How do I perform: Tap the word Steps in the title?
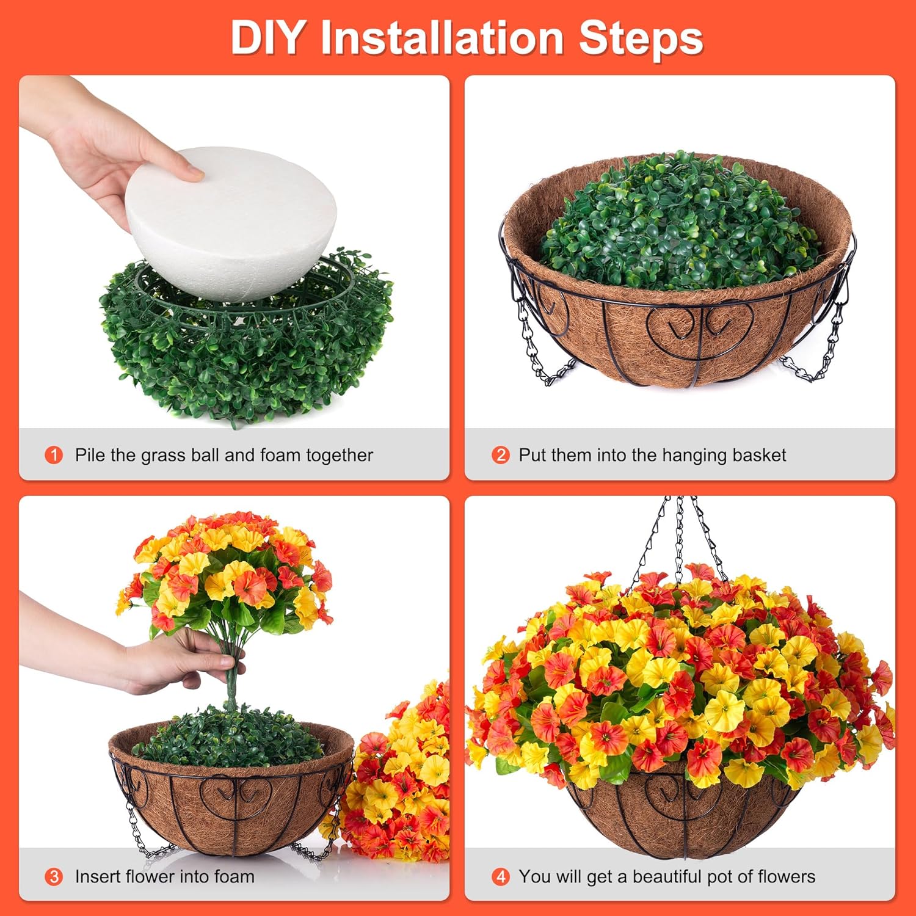[641, 38]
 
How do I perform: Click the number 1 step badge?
[54, 455]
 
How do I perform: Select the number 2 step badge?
[500, 455]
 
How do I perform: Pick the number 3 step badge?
[54, 877]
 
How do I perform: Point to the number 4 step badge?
[500, 877]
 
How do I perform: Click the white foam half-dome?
[232, 220]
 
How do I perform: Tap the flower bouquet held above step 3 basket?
[226, 574]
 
